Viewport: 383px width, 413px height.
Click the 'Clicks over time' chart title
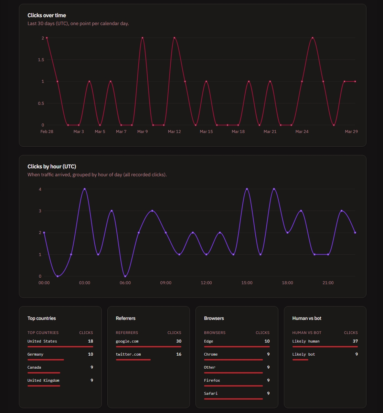[47, 15]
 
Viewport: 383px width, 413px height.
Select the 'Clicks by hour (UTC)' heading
[52, 167]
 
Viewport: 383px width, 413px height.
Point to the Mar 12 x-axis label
[174, 132]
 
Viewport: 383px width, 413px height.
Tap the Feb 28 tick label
[47, 132]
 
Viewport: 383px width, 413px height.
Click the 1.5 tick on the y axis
[41, 60]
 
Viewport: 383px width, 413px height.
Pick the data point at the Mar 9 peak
[142, 38]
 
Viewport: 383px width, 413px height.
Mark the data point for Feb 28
[47, 38]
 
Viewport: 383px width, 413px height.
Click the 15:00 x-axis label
[247, 283]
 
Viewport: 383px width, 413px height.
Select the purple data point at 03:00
[85, 189]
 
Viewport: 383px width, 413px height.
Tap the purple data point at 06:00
[125, 276]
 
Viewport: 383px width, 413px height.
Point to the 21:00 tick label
[328, 283]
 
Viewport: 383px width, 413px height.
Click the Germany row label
[35, 354]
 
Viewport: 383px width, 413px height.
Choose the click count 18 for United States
[91, 341]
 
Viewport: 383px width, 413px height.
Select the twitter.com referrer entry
[128, 354]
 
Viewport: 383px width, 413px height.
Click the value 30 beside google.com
[179, 341]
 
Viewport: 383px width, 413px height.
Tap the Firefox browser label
[212, 380]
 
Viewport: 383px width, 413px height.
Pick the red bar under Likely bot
[300, 360]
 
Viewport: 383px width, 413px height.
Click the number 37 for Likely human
[355, 341]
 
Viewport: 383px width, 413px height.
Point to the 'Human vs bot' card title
[307, 319]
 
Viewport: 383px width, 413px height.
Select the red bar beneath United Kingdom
[44, 386]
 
